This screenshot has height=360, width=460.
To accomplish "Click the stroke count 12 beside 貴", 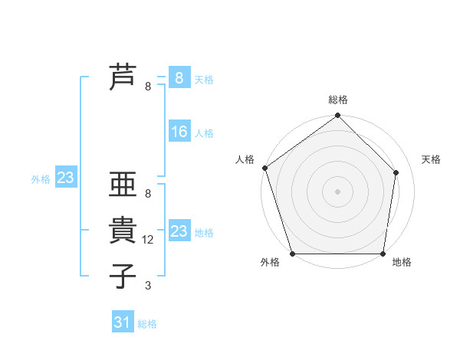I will click(149, 240).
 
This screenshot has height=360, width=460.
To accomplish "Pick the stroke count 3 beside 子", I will click(148, 286).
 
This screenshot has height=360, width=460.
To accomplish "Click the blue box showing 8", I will click(179, 78).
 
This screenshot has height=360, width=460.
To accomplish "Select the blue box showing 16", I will click(179, 132).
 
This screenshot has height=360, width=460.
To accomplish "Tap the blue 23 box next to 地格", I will click(179, 231).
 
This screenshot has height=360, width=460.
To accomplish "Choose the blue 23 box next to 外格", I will click(65, 178).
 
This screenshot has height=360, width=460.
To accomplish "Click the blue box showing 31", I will click(123, 322).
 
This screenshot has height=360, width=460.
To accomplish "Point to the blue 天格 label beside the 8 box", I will click(204, 80).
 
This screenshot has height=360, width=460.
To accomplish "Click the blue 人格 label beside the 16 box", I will click(204, 133).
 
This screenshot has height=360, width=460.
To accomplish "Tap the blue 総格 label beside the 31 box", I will click(147, 324).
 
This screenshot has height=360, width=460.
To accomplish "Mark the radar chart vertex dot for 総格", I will click(337, 116).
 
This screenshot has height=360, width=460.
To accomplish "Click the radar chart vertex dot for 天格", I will click(396, 172).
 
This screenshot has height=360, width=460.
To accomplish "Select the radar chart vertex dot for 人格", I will click(264, 168).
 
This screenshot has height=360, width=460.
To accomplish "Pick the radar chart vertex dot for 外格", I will click(292, 254).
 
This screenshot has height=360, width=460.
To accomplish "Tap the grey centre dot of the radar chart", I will click(337, 191).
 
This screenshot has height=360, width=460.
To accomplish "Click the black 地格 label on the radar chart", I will click(402, 263).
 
